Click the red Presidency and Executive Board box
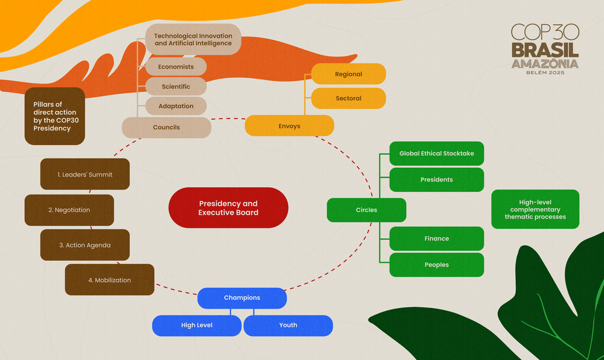tap(228, 208)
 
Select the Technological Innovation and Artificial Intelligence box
tap(193, 40)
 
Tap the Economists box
tap(176, 67)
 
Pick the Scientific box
tap(176, 86)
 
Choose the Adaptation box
tap(176, 106)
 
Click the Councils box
tap(167, 127)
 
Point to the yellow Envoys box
tap(289, 126)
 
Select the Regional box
tap(349, 74)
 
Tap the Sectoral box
tap(349, 98)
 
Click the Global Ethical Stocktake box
tap(437, 153)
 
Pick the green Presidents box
tap(437, 180)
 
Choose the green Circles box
tap(367, 210)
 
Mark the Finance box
tap(437, 239)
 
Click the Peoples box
tap(437, 265)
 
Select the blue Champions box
tap(242, 298)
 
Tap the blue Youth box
tap(288, 325)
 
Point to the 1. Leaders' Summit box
tap(85, 175)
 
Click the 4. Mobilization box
tap(109, 280)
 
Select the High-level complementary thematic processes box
tap(535, 209)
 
